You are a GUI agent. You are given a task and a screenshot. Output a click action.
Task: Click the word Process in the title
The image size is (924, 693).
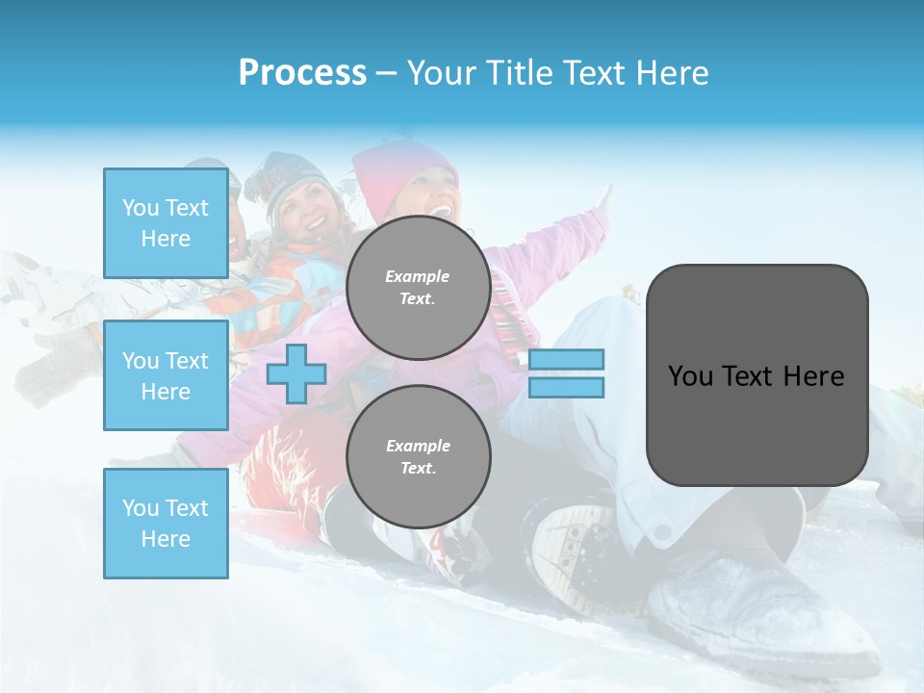[302, 73]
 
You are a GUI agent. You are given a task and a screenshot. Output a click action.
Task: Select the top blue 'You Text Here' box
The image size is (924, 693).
[166, 223]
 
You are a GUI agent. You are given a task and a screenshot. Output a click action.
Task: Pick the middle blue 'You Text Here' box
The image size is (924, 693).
[166, 375]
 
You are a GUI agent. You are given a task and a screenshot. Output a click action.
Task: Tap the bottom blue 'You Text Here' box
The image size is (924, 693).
[166, 523]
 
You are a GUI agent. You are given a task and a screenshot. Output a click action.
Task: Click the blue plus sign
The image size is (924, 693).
[296, 373]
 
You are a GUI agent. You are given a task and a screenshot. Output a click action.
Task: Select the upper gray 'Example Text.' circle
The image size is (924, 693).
[418, 288]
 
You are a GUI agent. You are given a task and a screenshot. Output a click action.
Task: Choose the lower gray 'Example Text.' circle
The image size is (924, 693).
[418, 457]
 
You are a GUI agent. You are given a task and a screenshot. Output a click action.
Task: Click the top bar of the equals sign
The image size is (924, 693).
[566, 360]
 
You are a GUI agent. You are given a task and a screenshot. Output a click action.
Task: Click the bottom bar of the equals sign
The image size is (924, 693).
[566, 388]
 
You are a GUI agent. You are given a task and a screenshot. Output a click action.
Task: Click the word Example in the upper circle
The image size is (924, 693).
[418, 277]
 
